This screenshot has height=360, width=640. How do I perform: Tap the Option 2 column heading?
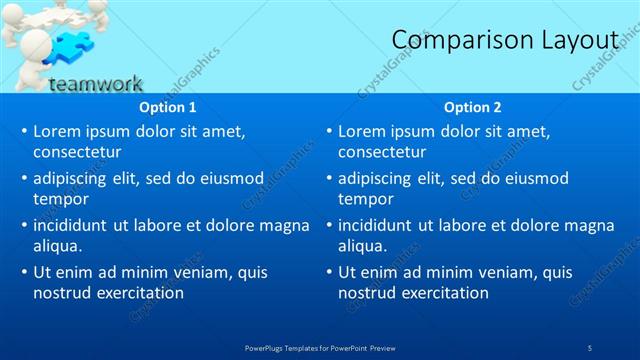point(473,107)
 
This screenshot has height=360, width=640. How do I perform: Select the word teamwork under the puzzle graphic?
point(95,84)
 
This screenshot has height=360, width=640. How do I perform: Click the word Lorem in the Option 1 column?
point(56,131)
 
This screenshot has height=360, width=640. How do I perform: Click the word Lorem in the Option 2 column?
point(361,131)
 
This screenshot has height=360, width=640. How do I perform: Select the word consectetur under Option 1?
point(77,153)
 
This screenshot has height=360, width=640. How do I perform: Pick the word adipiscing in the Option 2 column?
point(375,178)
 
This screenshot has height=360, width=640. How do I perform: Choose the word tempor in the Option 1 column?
point(61,199)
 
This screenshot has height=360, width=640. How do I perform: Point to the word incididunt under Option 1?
point(73,225)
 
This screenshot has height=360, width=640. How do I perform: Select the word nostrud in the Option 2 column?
point(368,293)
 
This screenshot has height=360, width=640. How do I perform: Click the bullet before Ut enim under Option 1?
point(24,272)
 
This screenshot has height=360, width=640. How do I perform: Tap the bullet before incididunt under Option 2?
point(329,226)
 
